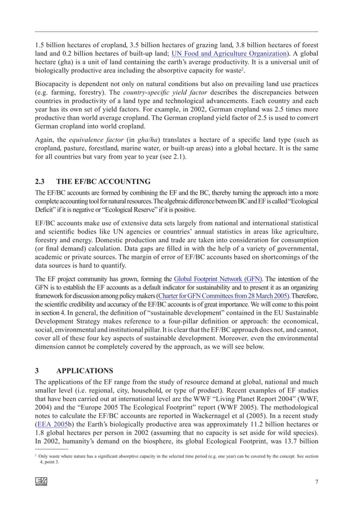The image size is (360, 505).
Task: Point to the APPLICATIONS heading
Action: (85, 371)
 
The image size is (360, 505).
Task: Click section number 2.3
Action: (40, 182)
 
